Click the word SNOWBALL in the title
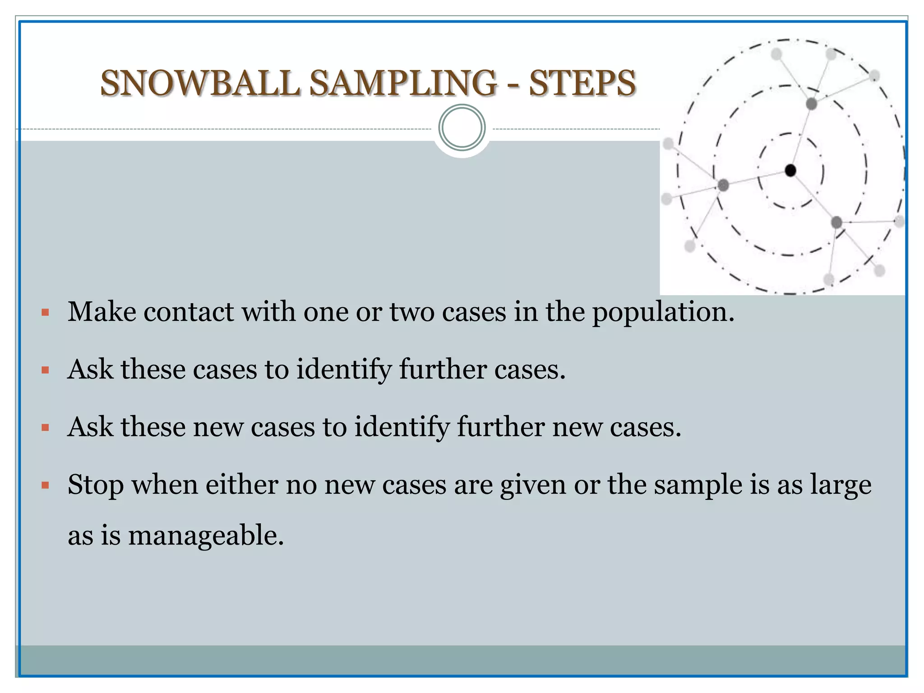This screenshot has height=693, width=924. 200,83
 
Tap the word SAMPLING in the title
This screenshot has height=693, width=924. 403,83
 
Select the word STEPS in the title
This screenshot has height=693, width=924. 582,83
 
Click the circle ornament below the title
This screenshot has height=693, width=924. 462,127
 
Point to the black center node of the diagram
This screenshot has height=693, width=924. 790,170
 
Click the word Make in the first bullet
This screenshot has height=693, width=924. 102,312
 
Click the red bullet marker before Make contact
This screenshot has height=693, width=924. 45,312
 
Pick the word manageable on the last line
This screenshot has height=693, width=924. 206,536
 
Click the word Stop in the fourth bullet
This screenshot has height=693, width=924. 95,486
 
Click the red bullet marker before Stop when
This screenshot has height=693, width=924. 45,486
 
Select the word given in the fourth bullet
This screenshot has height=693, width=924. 533,486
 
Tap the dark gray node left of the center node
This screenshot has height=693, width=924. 723,185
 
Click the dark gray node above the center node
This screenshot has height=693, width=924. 811,104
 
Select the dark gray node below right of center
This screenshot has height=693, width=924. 836,222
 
